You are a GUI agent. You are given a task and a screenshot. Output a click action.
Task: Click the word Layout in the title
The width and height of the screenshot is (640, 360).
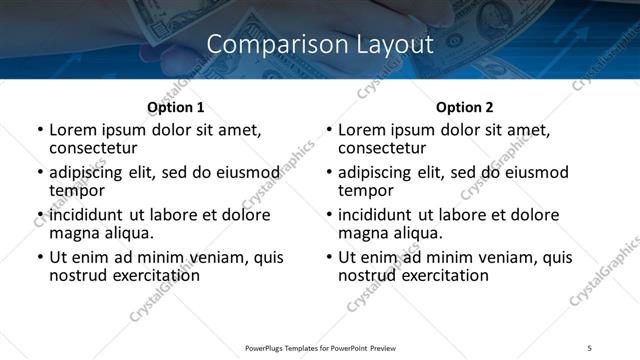click(x=393, y=45)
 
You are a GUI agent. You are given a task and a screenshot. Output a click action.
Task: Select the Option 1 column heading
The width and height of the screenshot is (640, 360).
click(x=176, y=107)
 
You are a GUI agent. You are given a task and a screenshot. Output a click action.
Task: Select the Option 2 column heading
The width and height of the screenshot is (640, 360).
click(x=465, y=107)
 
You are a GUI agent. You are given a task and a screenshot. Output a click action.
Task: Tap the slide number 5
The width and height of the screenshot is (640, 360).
click(x=589, y=347)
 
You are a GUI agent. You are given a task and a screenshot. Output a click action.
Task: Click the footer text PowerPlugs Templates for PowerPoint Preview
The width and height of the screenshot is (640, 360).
click(x=320, y=347)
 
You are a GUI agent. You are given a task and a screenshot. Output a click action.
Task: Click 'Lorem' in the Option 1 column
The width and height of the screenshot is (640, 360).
click(x=75, y=130)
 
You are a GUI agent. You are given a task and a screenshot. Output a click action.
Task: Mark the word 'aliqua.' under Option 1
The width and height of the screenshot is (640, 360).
click(x=125, y=233)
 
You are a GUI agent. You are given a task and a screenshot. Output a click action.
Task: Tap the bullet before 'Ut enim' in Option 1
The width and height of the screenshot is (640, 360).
click(x=39, y=258)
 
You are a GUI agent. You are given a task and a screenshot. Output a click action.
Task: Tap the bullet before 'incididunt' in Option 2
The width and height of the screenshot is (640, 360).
click(x=328, y=216)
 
